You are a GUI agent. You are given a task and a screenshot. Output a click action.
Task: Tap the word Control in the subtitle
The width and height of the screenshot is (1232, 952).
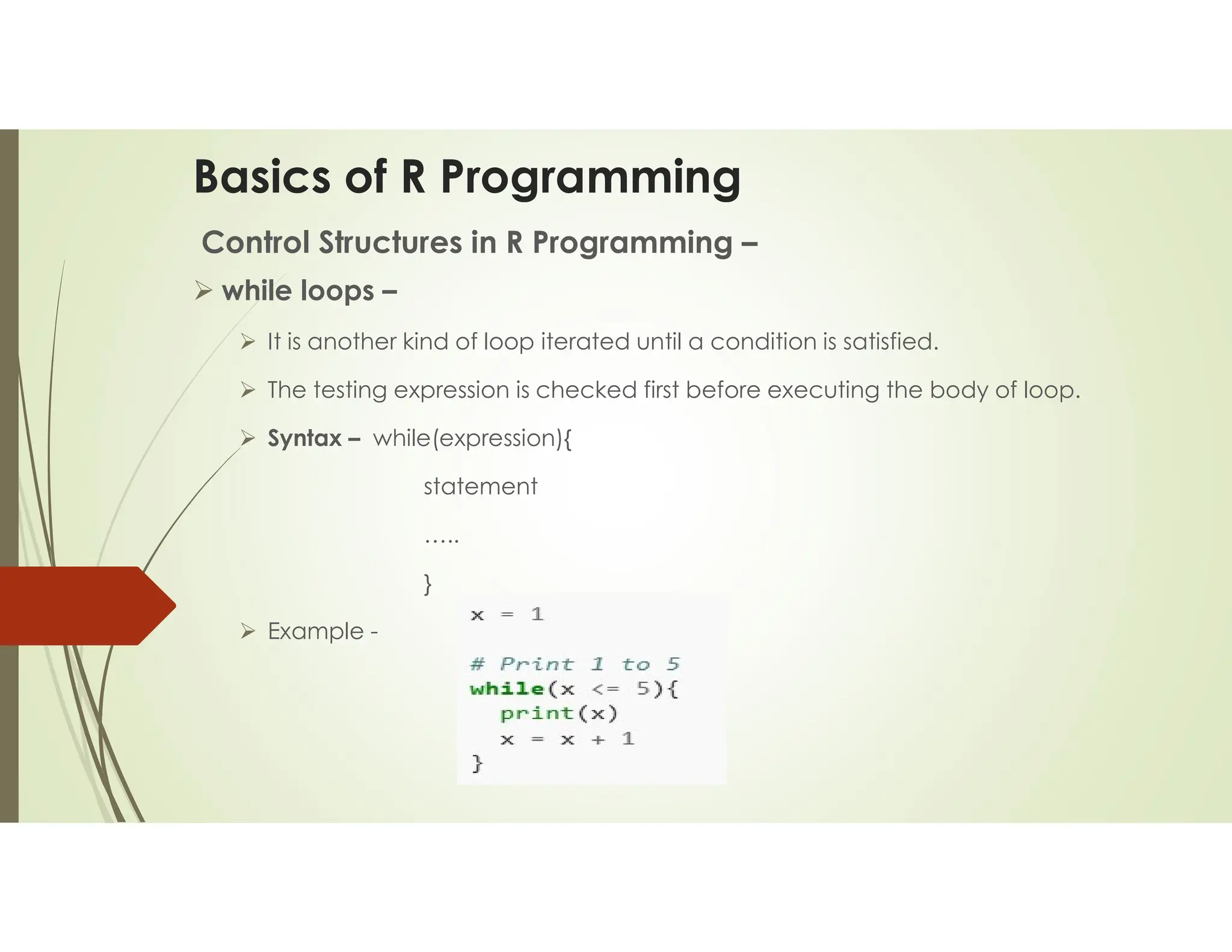coord(255,243)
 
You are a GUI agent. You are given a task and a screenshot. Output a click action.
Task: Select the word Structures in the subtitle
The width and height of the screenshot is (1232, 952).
coord(390,243)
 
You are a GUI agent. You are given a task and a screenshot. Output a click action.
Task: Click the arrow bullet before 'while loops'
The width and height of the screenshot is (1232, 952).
coord(203,291)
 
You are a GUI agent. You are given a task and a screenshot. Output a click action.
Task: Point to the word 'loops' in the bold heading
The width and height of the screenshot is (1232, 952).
coord(337,291)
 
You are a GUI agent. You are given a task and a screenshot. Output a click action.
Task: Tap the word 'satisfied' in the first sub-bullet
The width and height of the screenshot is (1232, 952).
coord(889,342)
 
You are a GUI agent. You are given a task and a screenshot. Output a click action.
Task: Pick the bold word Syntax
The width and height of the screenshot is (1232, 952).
coord(304,438)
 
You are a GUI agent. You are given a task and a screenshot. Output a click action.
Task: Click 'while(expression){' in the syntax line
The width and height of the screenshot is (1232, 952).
coord(472,438)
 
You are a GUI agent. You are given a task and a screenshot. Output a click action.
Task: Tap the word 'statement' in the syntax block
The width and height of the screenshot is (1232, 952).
coord(480,486)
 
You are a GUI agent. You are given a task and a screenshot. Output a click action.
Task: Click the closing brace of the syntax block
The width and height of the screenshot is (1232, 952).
coord(428,584)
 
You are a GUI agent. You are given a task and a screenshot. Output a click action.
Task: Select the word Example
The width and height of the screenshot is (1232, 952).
coord(316,631)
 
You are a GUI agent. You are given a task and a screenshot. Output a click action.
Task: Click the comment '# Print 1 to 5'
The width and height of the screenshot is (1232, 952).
coord(574,664)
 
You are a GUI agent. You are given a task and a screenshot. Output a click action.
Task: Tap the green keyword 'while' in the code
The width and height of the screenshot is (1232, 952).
coord(507,689)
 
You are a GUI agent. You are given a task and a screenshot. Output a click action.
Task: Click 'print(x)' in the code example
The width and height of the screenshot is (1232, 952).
coord(559,714)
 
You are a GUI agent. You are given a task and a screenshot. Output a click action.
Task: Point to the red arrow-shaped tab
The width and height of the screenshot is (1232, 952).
coord(84,605)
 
